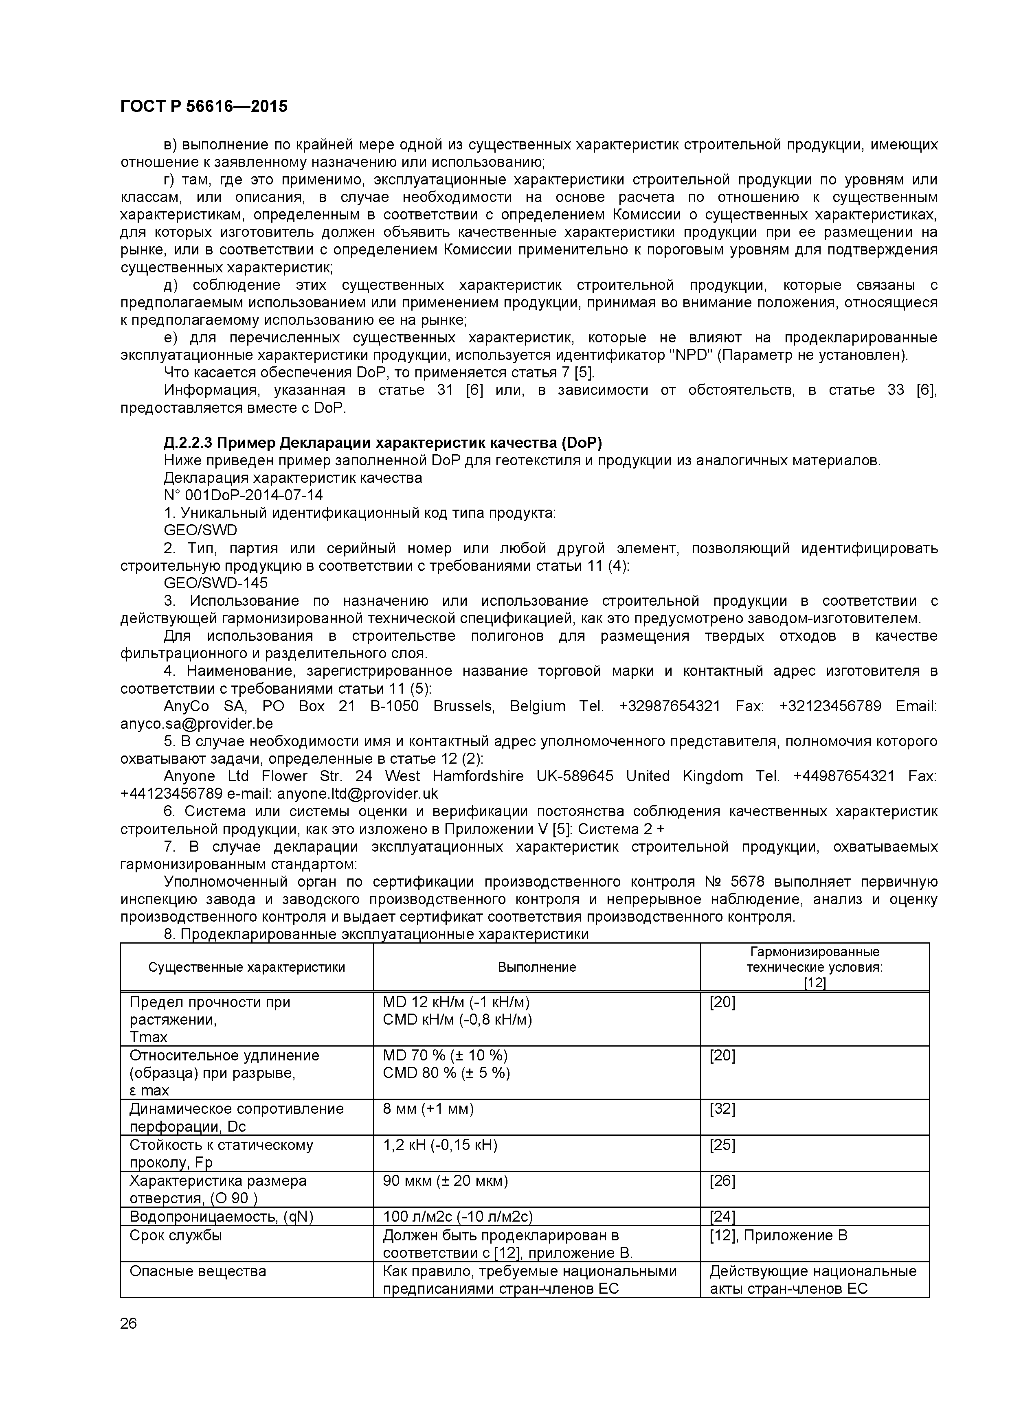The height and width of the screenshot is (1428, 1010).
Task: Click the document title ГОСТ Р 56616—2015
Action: pyautogui.click(x=204, y=106)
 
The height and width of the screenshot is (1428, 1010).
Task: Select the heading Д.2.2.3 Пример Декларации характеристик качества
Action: pyautogui.click(x=383, y=443)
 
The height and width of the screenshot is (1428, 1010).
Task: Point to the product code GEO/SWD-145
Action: pyautogui.click(x=215, y=583)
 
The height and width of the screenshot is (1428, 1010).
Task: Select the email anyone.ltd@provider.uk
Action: pyautogui.click(x=357, y=794)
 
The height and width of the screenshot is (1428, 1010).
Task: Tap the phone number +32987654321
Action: pyautogui.click(x=670, y=706)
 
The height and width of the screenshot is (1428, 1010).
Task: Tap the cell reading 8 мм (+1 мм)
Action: pyautogui.click(x=428, y=1109)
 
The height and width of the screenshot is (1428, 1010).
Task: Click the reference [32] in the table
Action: pyautogui.click(x=722, y=1109)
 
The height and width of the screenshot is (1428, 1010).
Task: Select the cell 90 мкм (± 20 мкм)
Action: pyautogui.click(x=445, y=1181)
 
